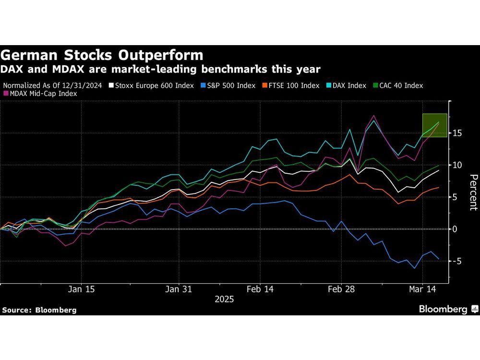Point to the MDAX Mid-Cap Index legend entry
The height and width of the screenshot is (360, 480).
[x=43, y=94]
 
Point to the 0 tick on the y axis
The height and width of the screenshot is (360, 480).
[x=457, y=229]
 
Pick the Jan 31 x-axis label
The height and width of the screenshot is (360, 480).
[x=179, y=289]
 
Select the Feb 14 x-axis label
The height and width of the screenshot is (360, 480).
[x=260, y=289]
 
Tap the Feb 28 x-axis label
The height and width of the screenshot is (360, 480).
[x=342, y=289]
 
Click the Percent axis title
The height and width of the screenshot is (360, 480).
[x=473, y=192]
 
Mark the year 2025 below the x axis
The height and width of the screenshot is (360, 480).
[x=224, y=299]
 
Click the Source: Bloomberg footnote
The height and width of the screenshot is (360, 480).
[x=39, y=310]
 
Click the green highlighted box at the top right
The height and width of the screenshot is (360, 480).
[x=434, y=125]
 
